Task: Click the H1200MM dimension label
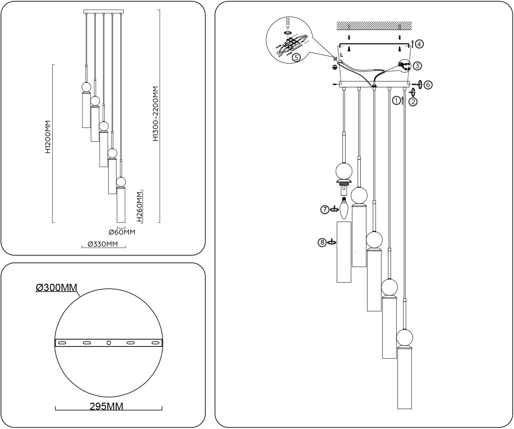pos(48,137)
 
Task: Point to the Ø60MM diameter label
pos(122,232)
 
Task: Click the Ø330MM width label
pos(103,244)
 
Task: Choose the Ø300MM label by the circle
pos(56,287)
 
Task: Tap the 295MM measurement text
pos(106,406)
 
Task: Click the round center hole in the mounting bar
pos(108,343)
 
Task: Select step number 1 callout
pos(396,100)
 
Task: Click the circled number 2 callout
pos(413,102)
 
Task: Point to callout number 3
pos(417,66)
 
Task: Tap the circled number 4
pos(420,44)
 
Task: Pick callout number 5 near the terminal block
pos(296,57)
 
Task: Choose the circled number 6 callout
pos(428,84)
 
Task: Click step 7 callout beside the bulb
pos(324,209)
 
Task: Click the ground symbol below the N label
pos(335,67)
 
